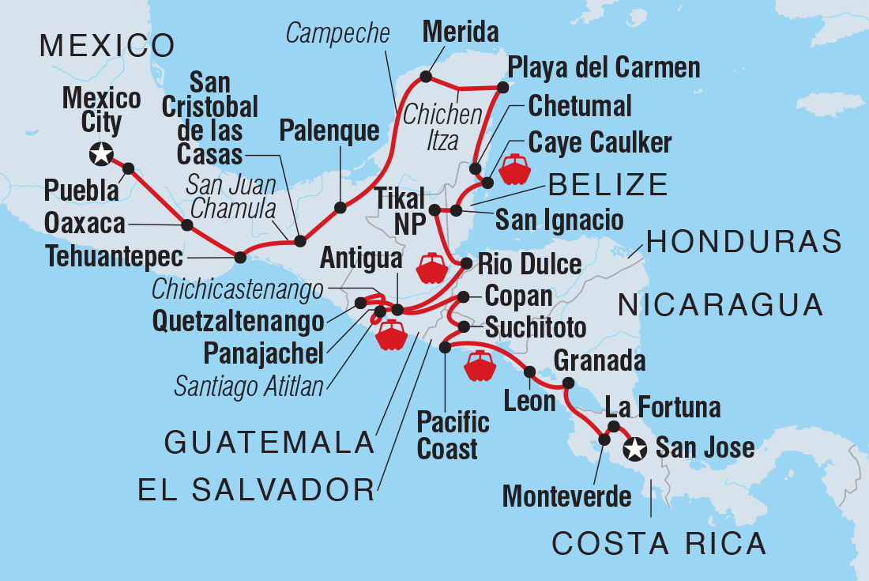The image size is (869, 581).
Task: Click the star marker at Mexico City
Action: [x=101, y=154]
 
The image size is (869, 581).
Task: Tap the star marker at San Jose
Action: [x=635, y=450]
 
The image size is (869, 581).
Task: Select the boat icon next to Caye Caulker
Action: [x=513, y=169]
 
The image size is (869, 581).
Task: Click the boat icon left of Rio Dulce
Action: [x=431, y=268]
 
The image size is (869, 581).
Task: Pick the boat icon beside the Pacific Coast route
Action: [x=480, y=365]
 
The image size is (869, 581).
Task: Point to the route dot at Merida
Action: [x=427, y=77]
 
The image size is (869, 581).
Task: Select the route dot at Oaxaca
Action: [x=187, y=224]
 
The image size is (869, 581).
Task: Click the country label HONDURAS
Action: [x=743, y=242]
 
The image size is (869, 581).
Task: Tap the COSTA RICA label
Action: [x=659, y=544]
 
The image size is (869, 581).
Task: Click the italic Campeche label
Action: [x=338, y=33]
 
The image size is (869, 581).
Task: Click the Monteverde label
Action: [x=567, y=496]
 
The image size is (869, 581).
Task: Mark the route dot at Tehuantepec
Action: [x=241, y=255]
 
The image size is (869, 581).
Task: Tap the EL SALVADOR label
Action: [x=255, y=490]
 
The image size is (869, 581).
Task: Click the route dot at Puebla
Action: [x=128, y=168]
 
